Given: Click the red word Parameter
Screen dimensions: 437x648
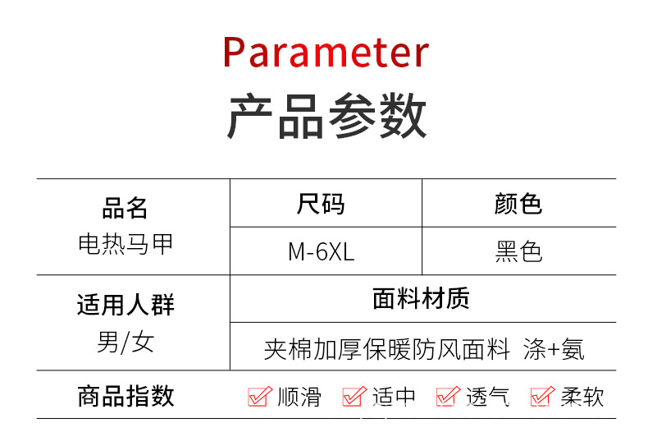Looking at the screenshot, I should pos(326,53).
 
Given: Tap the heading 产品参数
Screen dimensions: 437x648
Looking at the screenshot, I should pos(326,117).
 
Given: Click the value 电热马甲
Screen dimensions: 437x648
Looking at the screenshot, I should pos(125,244).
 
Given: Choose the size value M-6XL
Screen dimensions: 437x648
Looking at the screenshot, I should pos(321,251).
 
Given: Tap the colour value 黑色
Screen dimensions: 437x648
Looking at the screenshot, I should pos(518,251).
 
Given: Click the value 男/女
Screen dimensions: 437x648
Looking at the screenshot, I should pos(125,341).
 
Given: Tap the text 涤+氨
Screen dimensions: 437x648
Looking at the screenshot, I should pos(554,349).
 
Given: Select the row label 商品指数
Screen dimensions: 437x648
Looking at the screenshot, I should pos(125,396).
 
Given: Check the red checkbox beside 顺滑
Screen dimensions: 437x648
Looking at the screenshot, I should pos(259,397).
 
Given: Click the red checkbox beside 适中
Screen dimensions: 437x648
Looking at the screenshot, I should pos(354,397).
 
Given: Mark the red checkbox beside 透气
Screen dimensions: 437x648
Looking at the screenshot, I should pos(448,397).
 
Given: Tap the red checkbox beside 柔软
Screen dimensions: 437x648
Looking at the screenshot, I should pos(542,397).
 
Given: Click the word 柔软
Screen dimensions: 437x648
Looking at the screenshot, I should pos(582,398).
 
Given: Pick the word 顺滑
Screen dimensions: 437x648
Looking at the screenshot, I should pos(299,398).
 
